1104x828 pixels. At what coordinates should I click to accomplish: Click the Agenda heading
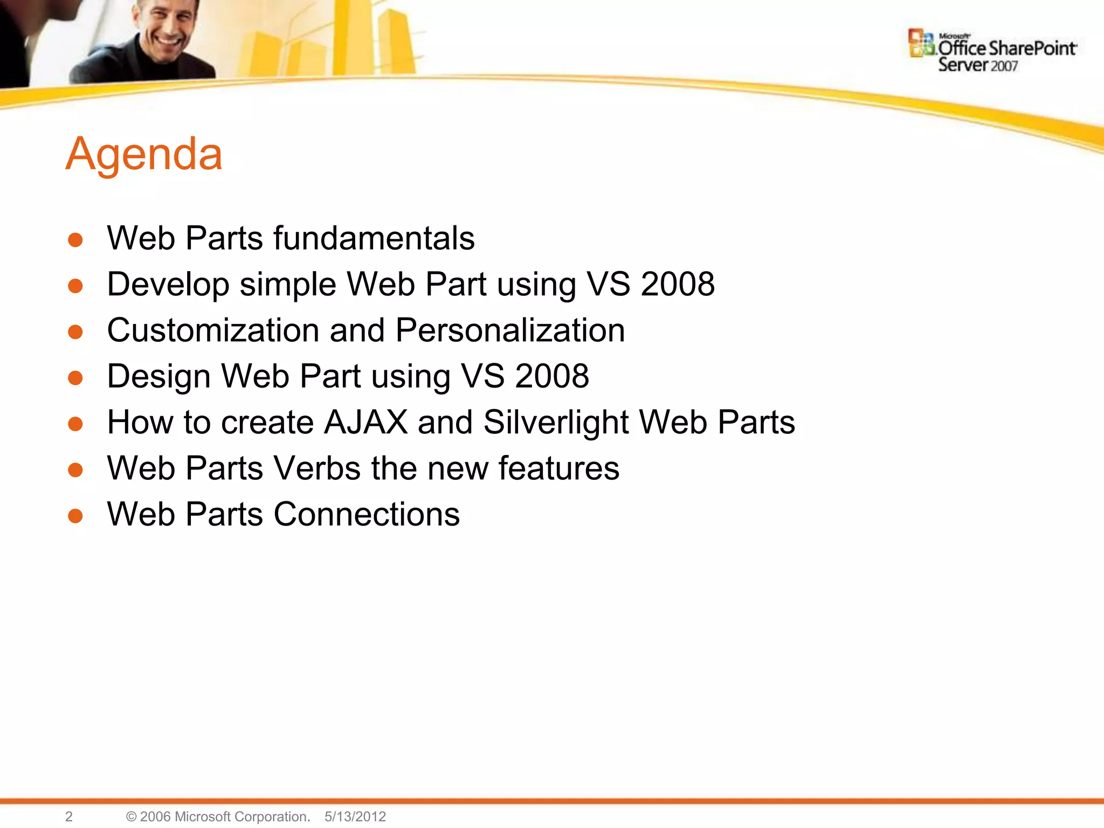[x=144, y=154]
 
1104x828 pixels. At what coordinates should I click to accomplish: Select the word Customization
[x=213, y=330]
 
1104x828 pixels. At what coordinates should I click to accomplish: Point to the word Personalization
[x=510, y=330]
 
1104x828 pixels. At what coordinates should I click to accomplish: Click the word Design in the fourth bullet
[x=158, y=376]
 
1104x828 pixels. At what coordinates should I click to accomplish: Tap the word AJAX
[x=365, y=422]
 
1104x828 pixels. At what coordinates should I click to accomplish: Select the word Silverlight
[x=556, y=422]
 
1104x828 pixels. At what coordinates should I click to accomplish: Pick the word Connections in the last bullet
[x=367, y=514]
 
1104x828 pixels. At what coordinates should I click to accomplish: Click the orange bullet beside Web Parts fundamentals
[x=75, y=240]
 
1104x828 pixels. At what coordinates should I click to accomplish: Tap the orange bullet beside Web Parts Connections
[x=75, y=516]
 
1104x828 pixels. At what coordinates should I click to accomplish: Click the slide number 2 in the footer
[x=68, y=816]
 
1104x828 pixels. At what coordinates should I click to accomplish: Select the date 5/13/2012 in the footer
[x=355, y=816]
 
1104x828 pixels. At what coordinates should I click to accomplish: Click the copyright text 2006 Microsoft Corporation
[x=224, y=816]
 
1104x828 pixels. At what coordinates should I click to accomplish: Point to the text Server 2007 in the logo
[x=977, y=65]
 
